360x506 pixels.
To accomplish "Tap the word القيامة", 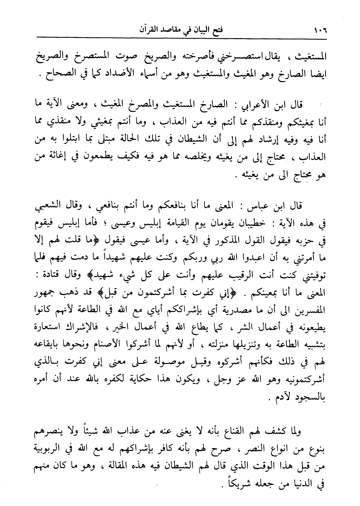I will click(x=187, y=222).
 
